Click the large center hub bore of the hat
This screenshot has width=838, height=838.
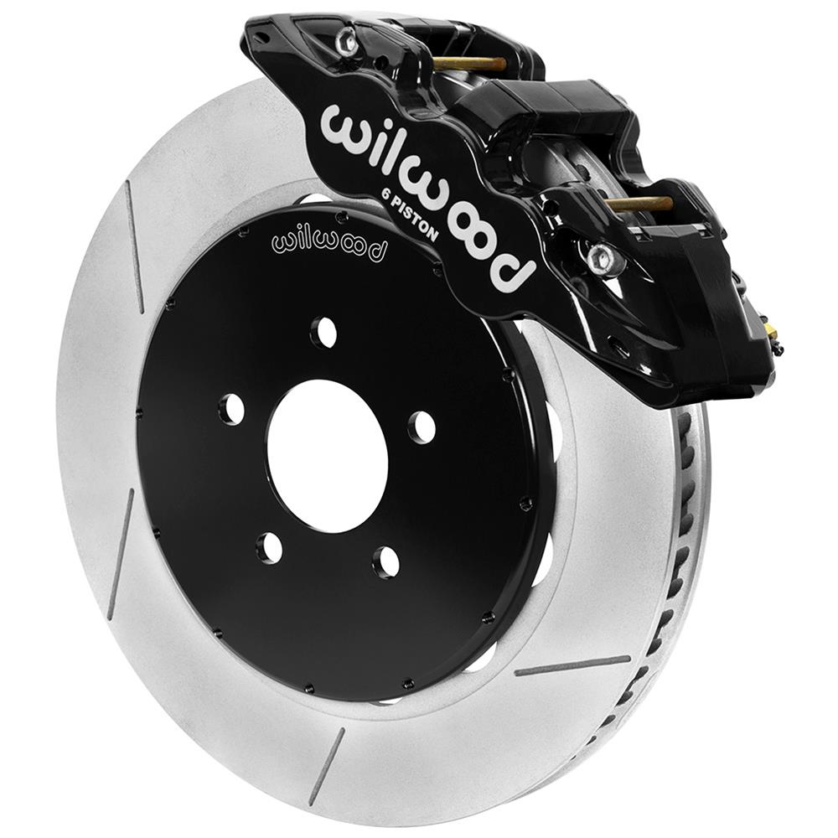(327, 457)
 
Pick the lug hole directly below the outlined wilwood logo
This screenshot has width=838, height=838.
(323, 333)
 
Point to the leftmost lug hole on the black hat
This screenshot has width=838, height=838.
(230, 409)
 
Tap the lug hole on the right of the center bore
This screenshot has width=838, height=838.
(422, 427)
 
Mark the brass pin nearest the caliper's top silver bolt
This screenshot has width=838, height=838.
(469, 64)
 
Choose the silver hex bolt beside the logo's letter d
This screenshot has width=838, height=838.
(603, 259)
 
